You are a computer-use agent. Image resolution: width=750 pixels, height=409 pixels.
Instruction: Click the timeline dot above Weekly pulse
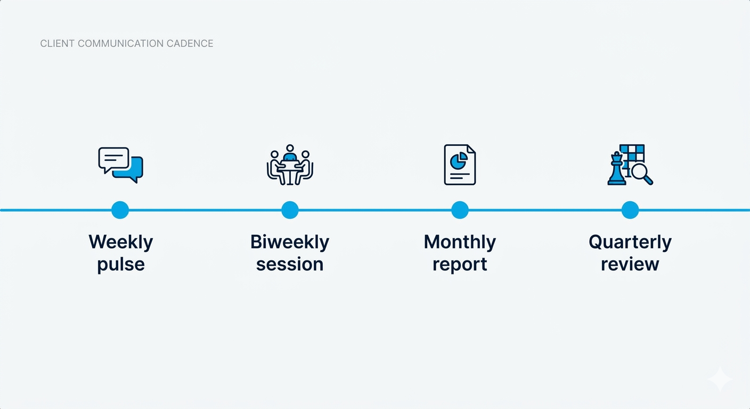[120, 210]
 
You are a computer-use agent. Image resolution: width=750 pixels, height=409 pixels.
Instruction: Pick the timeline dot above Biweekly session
[290, 210]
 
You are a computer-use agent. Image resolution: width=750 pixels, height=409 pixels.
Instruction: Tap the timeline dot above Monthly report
[460, 210]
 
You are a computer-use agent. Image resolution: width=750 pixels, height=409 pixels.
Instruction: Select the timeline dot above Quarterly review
[630, 210]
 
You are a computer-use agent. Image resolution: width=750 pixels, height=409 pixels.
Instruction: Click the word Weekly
[121, 242]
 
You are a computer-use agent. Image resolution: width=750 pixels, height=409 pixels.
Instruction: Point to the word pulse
[121, 264]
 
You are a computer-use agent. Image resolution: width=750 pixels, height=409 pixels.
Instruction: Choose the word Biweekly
[290, 242]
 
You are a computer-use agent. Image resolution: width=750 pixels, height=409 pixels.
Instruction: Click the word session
[290, 264]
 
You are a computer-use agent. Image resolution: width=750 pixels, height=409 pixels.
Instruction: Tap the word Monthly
[460, 242]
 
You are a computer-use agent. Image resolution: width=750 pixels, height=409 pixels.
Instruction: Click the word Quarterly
[630, 242]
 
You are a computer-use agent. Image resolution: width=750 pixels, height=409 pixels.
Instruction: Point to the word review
[630, 264]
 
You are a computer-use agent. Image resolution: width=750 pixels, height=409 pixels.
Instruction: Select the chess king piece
[616, 168]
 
